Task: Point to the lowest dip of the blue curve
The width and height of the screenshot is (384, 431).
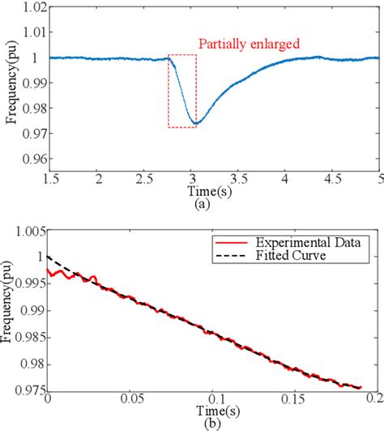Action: (x=195, y=123)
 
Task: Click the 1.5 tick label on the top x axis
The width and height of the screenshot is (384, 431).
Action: (x=50, y=176)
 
